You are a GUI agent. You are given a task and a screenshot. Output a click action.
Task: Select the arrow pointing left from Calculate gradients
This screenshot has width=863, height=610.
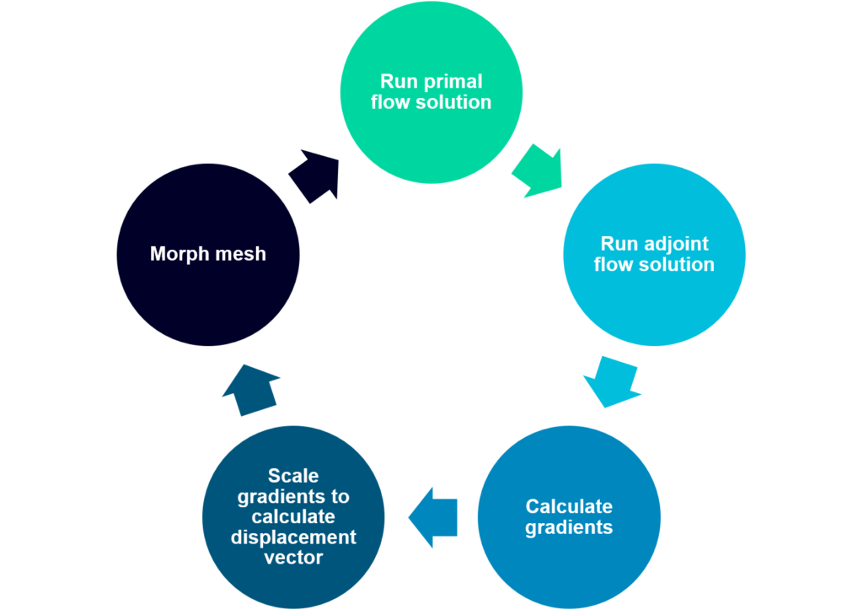click(433, 517)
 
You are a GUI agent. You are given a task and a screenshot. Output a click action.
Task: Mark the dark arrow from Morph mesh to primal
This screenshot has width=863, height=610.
click(314, 175)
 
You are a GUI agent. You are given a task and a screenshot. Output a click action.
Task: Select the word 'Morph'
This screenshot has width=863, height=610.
click(179, 254)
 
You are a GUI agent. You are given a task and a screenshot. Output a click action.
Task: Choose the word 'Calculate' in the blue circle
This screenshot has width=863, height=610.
click(569, 507)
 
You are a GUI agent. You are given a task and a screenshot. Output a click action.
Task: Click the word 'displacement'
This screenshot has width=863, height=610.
click(293, 537)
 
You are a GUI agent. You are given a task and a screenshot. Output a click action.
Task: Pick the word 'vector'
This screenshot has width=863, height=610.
click(293, 558)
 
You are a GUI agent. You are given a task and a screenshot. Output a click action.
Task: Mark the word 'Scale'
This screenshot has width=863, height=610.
click(293, 477)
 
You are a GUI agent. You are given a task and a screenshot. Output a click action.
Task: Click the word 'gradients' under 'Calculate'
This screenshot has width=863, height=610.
click(569, 528)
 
